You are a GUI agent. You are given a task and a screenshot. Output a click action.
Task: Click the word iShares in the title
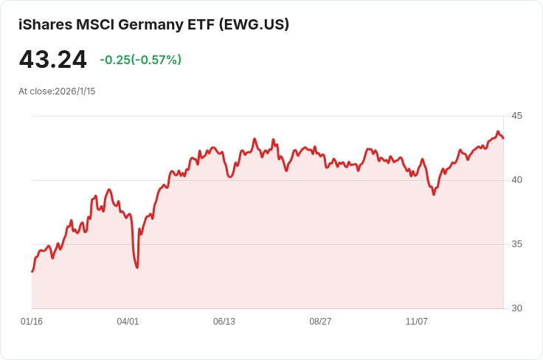tap(45, 24)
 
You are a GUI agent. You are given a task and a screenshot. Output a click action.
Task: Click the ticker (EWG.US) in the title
tap(254, 24)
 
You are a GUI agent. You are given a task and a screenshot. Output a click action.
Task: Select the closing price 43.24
tap(53, 60)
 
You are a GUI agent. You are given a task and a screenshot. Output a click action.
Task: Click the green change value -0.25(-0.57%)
tap(140, 60)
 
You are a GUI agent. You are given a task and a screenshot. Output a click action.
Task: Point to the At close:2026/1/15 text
tap(57, 91)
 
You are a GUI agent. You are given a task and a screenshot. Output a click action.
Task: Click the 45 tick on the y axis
tap(516, 116)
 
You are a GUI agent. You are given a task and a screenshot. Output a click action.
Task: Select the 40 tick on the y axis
tap(516, 180)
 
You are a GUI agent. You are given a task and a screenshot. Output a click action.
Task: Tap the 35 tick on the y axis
tap(516, 244)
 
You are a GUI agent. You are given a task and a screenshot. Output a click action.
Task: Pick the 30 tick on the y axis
tap(516, 308)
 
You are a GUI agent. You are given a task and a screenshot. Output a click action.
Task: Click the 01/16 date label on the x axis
tap(32, 322)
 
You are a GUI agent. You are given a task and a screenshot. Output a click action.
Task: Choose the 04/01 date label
tap(128, 322)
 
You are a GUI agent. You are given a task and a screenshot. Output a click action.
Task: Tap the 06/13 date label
tap(224, 322)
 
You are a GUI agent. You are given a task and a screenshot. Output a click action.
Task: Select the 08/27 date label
tap(320, 322)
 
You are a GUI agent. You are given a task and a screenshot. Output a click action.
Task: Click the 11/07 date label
tap(417, 322)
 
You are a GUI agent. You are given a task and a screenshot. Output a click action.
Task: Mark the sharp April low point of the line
tap(137, 267)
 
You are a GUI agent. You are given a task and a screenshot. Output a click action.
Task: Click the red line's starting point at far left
tap(32, 271)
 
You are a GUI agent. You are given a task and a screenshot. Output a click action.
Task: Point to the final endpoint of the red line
tap(503, 138)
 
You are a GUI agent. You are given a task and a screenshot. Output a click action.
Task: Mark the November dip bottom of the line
tap(434, 194)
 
